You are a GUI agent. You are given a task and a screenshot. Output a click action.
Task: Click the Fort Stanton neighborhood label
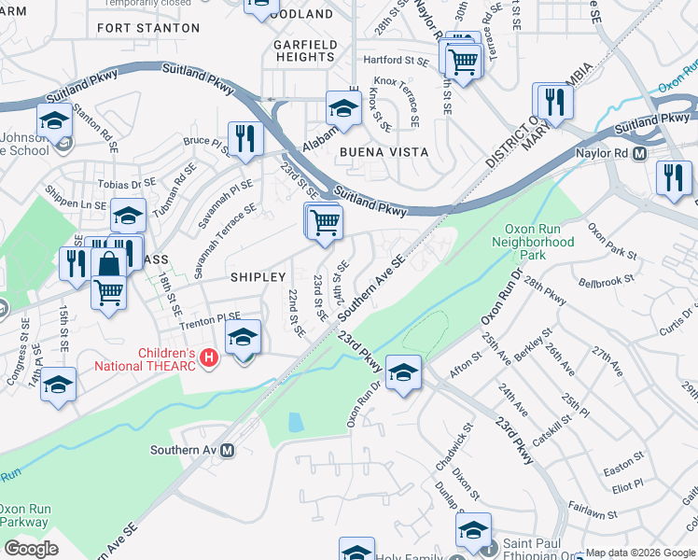[x=147, y=28]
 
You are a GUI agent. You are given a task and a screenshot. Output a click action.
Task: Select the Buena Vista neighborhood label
[x=384, y=152]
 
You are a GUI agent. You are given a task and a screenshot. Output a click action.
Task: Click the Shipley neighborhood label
[x=258, y=277]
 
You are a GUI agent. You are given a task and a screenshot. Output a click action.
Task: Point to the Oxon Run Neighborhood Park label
[x=539, y=241]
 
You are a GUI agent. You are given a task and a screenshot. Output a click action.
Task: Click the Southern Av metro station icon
[x=227, y=450]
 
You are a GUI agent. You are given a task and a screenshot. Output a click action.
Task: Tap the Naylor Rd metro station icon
[x=640, y=153]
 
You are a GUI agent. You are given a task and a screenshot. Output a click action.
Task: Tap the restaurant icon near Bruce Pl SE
[x=245, y=137]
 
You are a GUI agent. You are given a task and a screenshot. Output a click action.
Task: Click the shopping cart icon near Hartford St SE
[x=464, y=61]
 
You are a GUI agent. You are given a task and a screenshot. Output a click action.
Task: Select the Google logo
[x=31, y=549]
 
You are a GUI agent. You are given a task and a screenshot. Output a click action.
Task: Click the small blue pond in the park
[x=296, y=422]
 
